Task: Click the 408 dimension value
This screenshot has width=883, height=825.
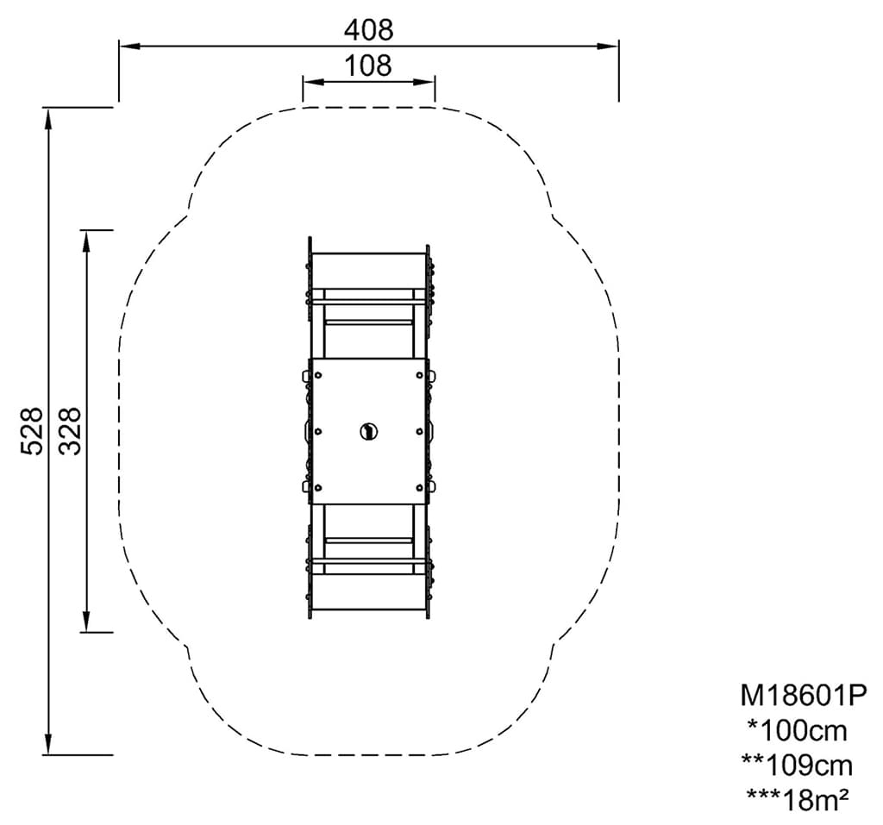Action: pyautogui.click(x=369, y=29)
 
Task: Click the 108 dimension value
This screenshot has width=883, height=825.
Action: pyautogui.click(x=368, y=66)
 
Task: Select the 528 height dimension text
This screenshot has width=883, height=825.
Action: pyautogui.click(x=32, y=431)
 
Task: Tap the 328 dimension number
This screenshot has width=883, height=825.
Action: pyautogui.click(x=71, y=431)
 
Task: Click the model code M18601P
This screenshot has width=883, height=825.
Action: pyautogui.click(x=803, y=696)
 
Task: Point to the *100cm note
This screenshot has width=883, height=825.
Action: pyautogui.click(x=798, y=731)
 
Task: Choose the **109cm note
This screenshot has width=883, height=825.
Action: pyautogui.click(x=798, y=766)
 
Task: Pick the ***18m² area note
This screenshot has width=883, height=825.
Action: pyautogui.click(x=798, y=800)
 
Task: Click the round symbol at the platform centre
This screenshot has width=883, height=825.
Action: pyautogui.click(x=369, y=432)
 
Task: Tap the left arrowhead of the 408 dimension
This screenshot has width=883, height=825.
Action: pyautogui.click(x=128, y=47)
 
